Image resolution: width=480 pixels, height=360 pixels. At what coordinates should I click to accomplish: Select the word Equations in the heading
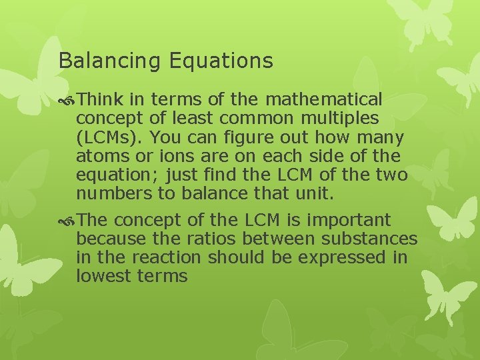tap(221, 61)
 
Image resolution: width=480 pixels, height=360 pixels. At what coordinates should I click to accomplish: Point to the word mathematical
tap(324, 100)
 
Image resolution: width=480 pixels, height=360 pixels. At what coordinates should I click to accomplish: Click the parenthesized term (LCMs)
tap(110, 138)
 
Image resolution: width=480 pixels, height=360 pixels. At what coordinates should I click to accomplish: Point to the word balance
tap(223, 194)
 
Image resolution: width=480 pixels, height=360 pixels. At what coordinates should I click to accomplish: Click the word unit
tap(316, 194)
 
